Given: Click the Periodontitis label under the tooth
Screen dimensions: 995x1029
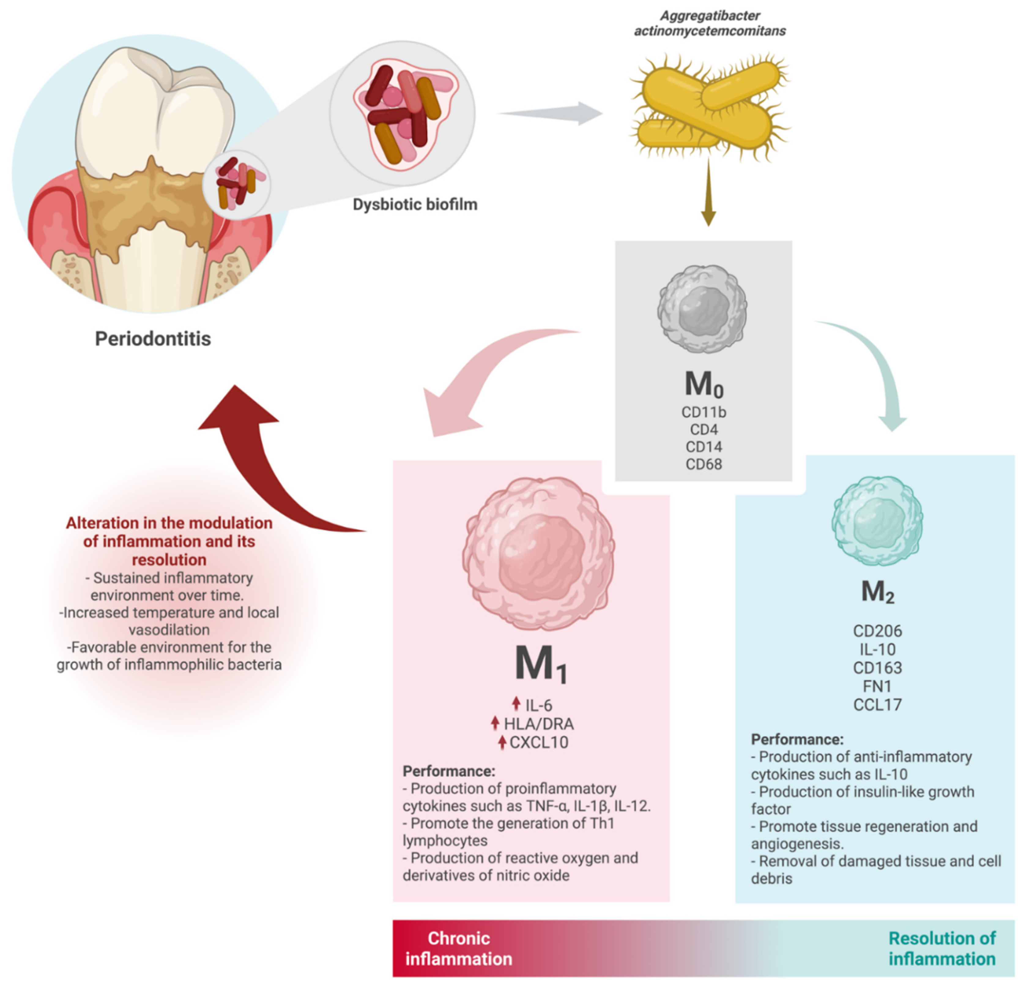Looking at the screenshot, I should pyautogui.click(x=153, y=339).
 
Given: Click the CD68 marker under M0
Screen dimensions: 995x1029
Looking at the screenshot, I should pyautogui.click(x=704, y=464).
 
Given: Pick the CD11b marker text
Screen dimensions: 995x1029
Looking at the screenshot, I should pyautogui.click(x=704, y=412).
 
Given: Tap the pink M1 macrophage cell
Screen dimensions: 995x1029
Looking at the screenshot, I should pyautogui.click(x=538, y=554).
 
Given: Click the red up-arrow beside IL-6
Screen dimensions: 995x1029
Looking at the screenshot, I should pyautogui.click(x=516, y=704).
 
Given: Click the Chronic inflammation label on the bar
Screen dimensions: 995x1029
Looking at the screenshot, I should pyautogui.click(x=458, y=948).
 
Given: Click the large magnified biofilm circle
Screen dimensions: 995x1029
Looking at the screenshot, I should pyautogui.click(x=402, y=113).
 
